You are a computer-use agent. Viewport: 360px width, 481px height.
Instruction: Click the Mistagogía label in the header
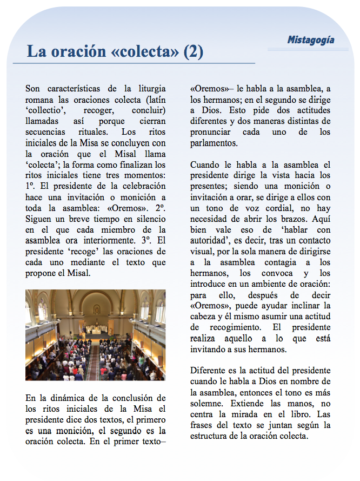point(310,39)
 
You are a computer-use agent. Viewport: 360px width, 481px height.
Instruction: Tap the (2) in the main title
point(193,52)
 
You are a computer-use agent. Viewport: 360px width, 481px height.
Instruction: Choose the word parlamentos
point(214,142)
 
